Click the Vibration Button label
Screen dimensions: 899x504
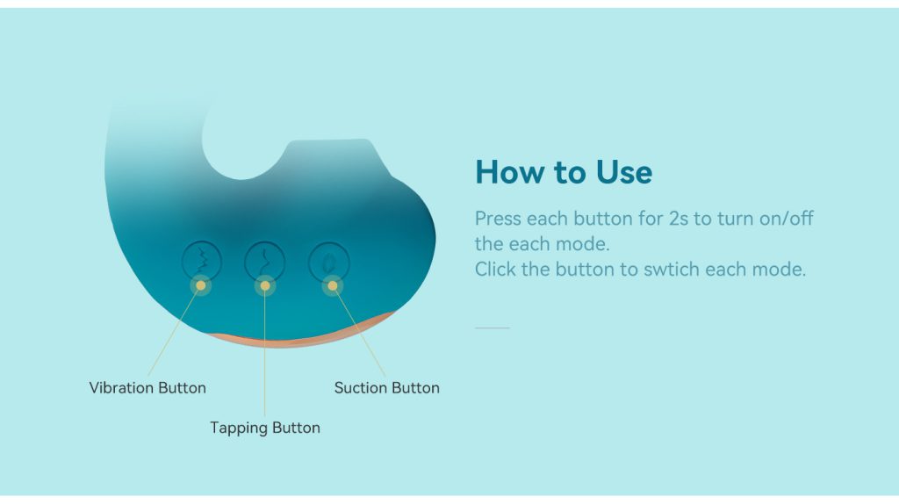(147, 388)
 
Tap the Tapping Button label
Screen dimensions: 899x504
(265, 428)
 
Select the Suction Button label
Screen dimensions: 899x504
(387, 388)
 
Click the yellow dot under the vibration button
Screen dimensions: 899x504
(201, 285)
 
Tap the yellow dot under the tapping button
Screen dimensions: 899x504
(265, 285)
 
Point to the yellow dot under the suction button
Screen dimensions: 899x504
(333, 285)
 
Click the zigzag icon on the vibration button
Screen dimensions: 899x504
(202, 260)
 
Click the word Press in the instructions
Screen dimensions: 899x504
(498, 219)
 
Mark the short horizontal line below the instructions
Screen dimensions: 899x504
(493, 328)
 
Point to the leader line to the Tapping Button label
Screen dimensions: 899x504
(265, 351)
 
